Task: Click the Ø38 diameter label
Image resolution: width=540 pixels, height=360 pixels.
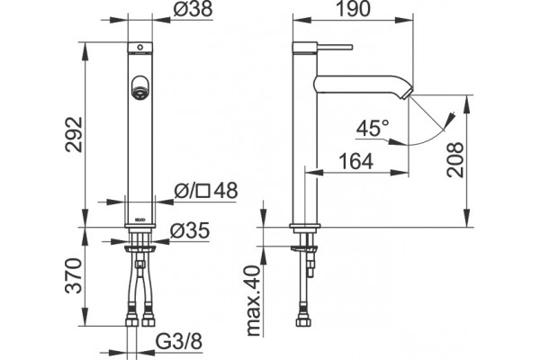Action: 193,9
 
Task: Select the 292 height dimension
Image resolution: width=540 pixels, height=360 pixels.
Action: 74,134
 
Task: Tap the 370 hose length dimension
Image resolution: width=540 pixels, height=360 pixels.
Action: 74,275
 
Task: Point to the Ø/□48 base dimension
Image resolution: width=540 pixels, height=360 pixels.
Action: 206,191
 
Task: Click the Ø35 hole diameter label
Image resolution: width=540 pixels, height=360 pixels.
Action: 190,230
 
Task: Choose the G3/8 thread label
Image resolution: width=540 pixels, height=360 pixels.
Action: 179,342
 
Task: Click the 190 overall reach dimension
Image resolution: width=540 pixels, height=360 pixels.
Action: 353,9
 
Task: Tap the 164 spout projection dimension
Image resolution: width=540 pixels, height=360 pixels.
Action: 356,161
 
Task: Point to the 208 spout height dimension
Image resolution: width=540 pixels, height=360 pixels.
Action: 455,159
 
